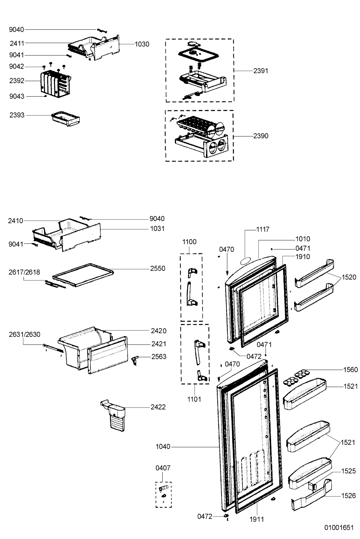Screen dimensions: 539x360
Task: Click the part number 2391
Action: [x=261, y=71]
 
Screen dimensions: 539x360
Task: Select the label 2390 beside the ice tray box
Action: [x=261, y=136]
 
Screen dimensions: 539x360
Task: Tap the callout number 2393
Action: [x=17, y=115]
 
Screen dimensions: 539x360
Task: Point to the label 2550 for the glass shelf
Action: [x=158, y=268]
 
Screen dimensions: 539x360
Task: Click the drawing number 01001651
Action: [x=339, y=528]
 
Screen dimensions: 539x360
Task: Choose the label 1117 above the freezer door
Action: [x=262, y=229]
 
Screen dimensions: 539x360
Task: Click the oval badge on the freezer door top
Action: [x=246, y=261]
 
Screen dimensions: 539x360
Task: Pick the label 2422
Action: [x=158, y=407]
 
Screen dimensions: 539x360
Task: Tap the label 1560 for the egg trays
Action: [x=351, y=370]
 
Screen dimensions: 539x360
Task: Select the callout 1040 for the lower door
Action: [x=163, y=446]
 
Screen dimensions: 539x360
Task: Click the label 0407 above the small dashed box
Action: [x=163, y=468]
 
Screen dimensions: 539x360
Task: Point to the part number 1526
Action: [x=348, y=496]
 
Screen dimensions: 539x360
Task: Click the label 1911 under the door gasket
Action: [x=257, y=519]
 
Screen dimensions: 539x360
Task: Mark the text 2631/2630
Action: [x=25, y=334]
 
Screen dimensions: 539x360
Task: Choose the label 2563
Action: [x=159, y=357]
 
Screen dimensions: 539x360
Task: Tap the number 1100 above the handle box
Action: [x=189, y=242]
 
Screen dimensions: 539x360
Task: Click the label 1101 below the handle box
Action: [x=194, y=399]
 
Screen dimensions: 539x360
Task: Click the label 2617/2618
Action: [x=25, y=272]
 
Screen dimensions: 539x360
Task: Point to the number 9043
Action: [x=17, y=96]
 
